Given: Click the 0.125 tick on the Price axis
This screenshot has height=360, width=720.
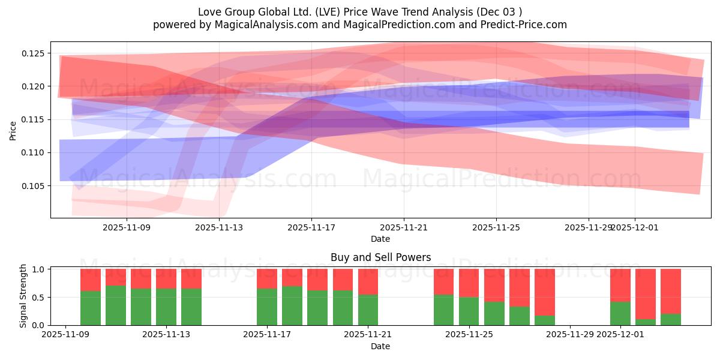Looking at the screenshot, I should tap(34, 53).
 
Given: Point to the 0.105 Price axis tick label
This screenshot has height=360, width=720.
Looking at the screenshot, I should tap(34, 186).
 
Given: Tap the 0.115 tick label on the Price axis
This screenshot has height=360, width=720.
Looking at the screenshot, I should tap(34, 120).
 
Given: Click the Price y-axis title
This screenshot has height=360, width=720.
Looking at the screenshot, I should tap(13, 130).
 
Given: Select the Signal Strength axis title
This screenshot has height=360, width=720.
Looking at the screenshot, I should tap(23, 296).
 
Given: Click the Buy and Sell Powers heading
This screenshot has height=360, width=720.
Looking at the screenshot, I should tap(380, 257).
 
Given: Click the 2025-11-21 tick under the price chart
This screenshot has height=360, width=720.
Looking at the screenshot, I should tap(404, 227).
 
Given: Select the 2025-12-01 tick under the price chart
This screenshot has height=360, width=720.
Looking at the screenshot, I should tap(635, 227).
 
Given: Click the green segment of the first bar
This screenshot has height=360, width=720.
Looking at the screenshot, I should tap(91, 308).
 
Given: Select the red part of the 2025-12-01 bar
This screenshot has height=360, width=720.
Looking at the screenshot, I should tap(620, 285).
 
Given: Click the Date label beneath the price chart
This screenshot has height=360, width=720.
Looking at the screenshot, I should tap(380, 239).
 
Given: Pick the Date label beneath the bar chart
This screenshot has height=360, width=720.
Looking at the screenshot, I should tap(380, 346).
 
